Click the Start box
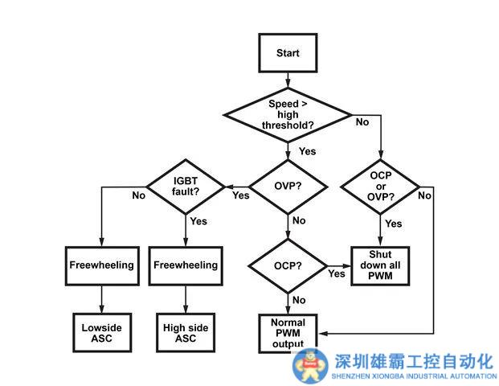(x=287, y=53)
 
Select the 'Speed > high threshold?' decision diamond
(x=287, y=113)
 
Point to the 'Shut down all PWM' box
(x=380, y=265)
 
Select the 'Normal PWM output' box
(x=287, y=332)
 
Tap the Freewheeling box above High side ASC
(x=186, y=265)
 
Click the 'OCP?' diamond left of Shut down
(x=287, y=265)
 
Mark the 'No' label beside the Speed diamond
(x=362, y=122)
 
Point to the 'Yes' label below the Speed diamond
(x=307, y=151)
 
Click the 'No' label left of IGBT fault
(x=138, y=195)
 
